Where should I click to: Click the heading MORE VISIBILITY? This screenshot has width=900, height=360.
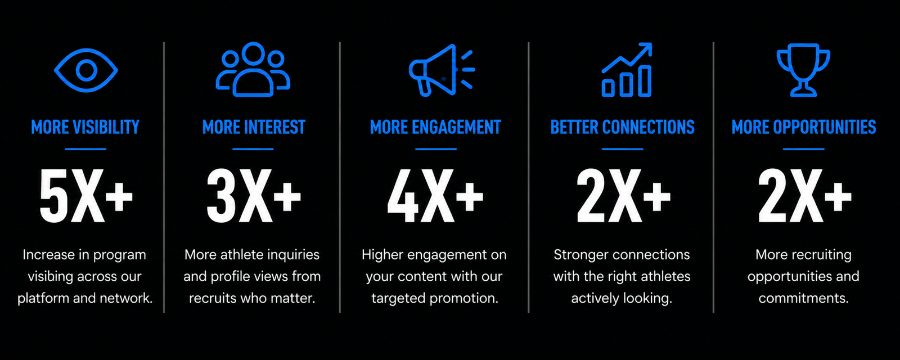[x=85, y=127]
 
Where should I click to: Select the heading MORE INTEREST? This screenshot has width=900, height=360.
[x=254, y=127]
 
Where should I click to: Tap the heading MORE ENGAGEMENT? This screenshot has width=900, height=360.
[x=435, y=127]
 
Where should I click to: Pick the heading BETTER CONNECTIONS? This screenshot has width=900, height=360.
[x=622, y=127]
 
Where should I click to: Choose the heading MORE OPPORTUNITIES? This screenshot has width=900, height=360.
[x=804, y=127]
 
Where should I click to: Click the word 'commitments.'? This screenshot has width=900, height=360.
[x=804, y=299]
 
